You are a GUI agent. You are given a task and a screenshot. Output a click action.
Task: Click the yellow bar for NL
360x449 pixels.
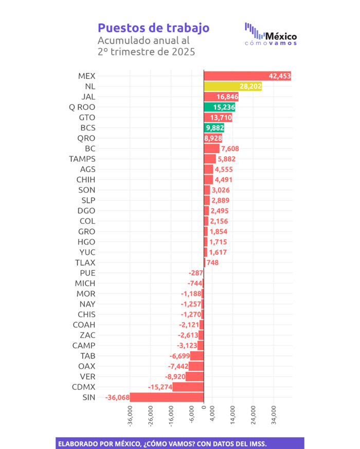pyautogui.click(x=232, y=86)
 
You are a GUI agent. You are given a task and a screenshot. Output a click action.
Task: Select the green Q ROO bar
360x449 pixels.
pyautogui.click(x=221, y=107)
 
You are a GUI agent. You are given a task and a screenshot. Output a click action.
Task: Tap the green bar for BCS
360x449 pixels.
pyautogui.click(x=214, y=128)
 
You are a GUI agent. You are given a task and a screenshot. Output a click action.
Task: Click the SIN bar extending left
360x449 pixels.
pyautogui.click(x=167, y=397)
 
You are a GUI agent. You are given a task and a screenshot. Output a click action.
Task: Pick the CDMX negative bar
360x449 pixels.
pyautogui.click(x=188, y=387)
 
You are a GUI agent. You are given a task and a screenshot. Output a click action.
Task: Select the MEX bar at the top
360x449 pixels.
pyautogui.click(x=247, y=76)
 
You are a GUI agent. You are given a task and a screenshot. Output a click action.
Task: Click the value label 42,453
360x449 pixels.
pyautogui.click(x=279, y=76)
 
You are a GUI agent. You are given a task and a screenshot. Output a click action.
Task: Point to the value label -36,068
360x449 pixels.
pyautogui.click(x=117, y=397)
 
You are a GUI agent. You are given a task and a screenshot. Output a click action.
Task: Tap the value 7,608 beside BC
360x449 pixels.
pyautogui.click(x=230, y=148)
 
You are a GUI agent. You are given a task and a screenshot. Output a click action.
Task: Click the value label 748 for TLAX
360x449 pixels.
pyautogui.click(x=212, y=263)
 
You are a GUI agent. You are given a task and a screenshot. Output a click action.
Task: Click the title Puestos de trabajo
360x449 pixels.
pyautogui.click(x=153, y=27)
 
